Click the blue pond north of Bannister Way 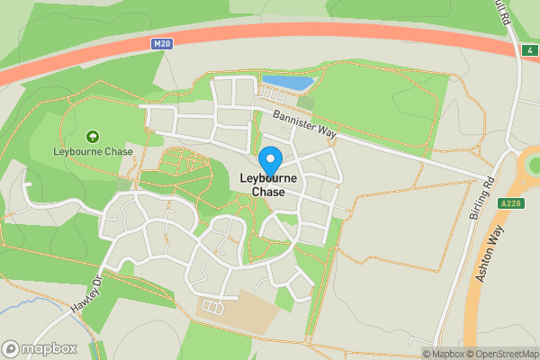[x=289, y=83]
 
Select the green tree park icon [x=93, y=137]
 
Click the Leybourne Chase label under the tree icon [x=93, y=151]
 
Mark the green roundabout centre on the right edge [x=535, y=166]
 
